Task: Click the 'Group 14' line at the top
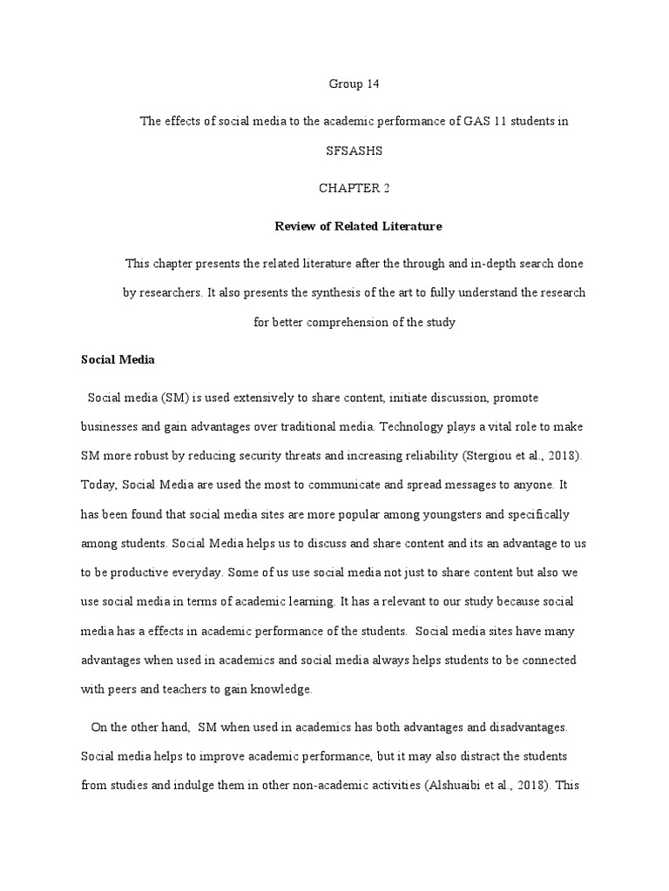(355, 84)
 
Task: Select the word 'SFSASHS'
(355, 151)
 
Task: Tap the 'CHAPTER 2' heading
(355, 188)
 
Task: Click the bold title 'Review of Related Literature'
(358, 226)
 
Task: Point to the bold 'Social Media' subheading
(117, 358)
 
